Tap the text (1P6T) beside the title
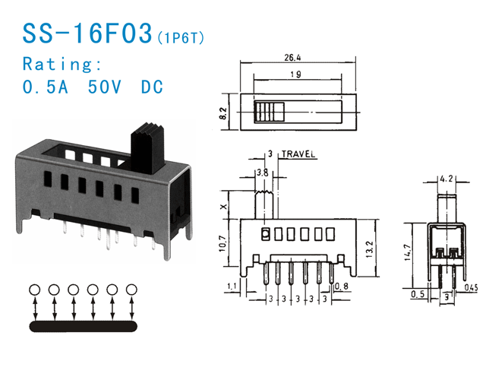tap(180, 36)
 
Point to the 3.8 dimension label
tap(262, 173)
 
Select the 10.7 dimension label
tap(222, 244)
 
